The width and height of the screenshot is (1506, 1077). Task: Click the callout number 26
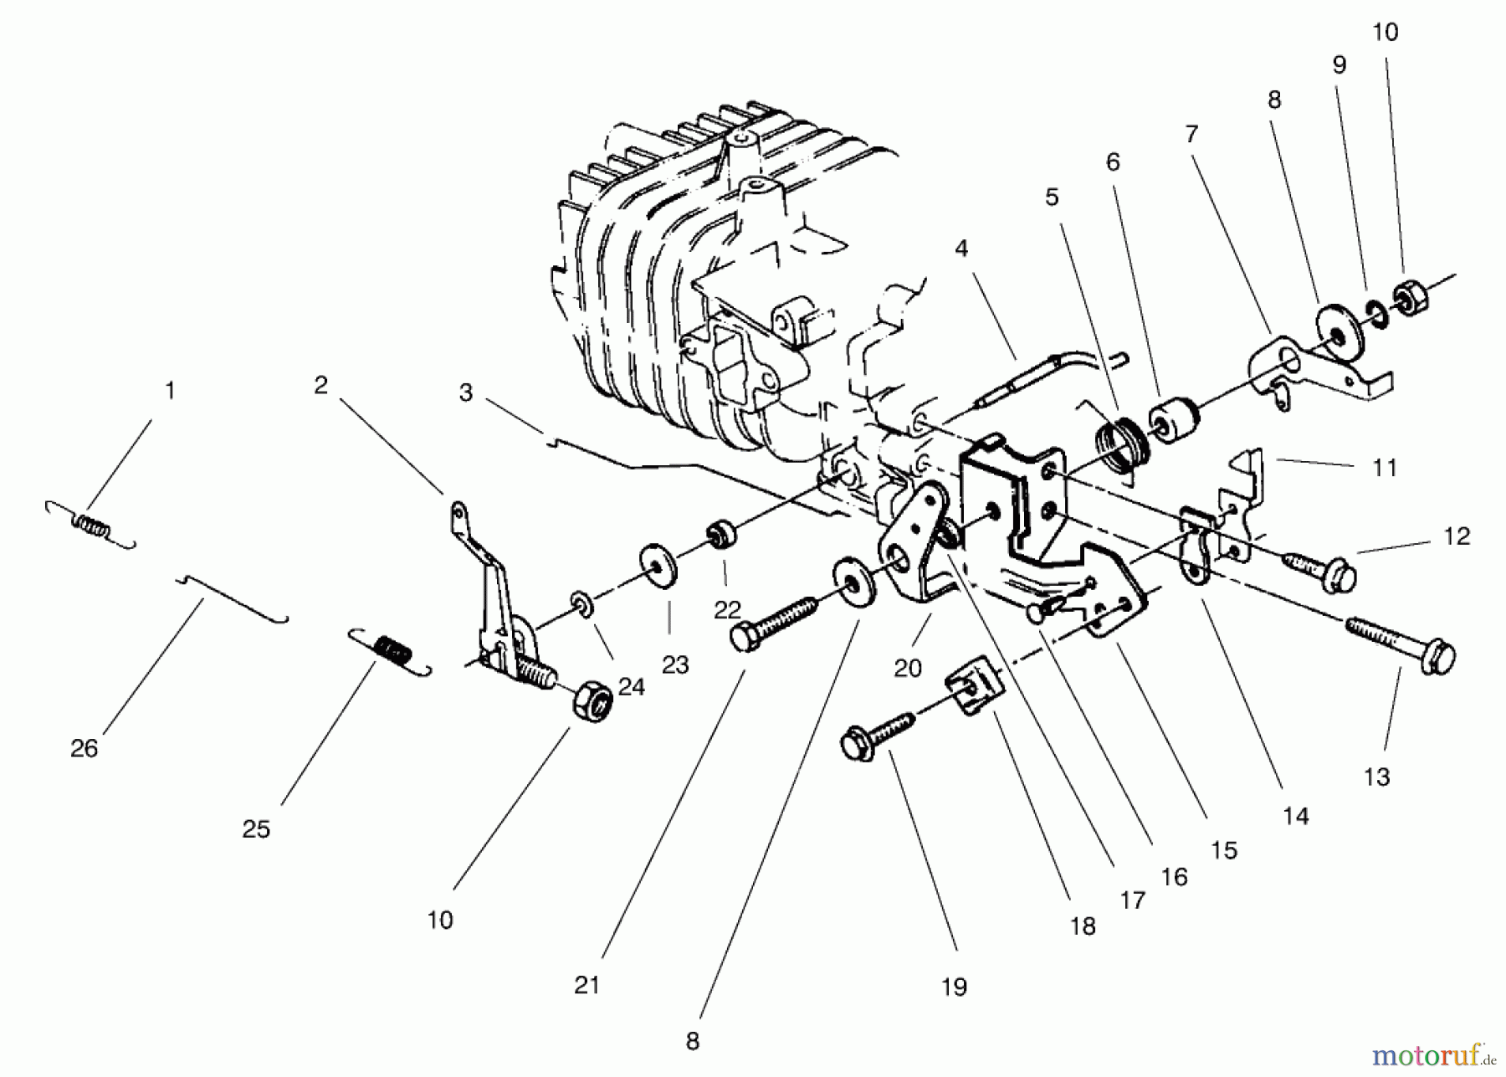[84, 748]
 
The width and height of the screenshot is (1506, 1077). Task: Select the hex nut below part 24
[592, 700]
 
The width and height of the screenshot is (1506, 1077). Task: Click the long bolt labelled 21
[774, 622]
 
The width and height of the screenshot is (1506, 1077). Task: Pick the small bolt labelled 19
[878, 734]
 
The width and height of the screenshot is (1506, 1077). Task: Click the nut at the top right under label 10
[1411, 298]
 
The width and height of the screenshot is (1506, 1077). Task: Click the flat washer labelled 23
[658, 567]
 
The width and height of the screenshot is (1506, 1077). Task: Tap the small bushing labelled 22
[721, 532]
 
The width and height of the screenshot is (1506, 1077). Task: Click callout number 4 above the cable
[960, 249]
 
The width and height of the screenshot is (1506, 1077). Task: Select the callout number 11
[1385, 468]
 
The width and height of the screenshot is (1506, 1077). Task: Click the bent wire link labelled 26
[234, 598]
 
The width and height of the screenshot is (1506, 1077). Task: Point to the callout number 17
[1132, 900]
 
